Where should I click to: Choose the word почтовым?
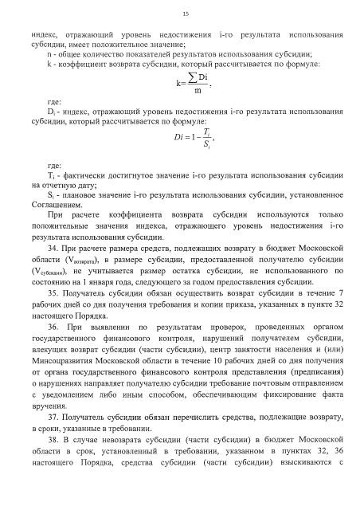(x=258, y=392)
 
